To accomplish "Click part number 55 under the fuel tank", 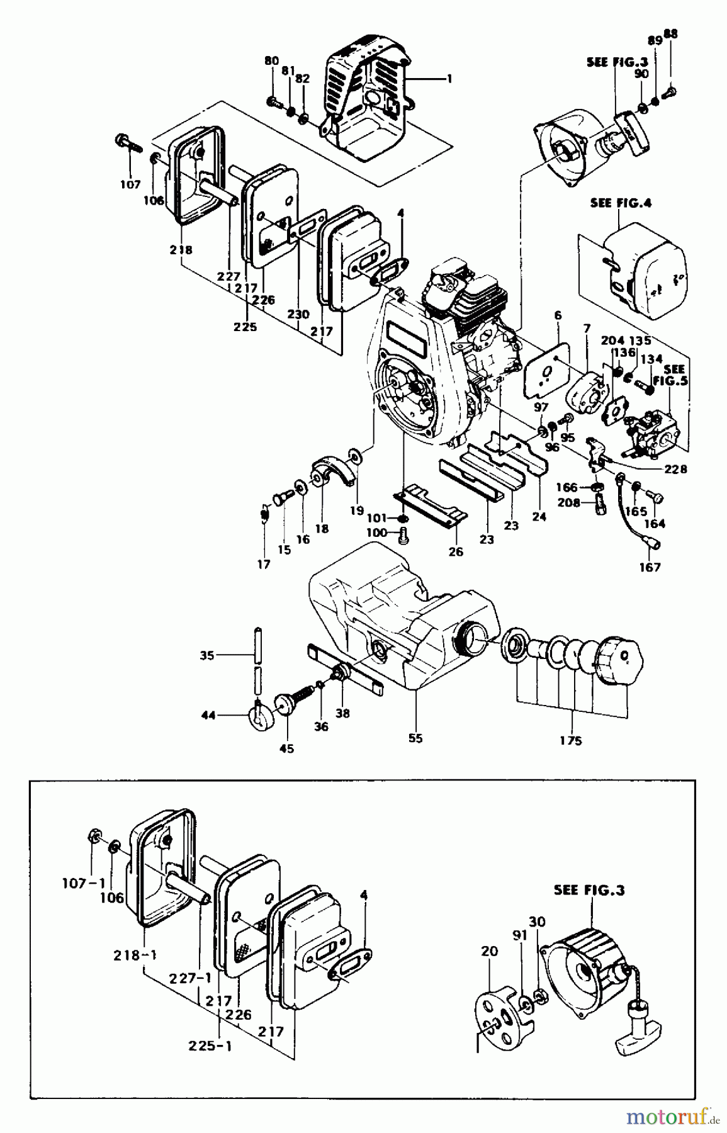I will [415, 738].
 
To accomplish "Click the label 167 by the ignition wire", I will [650, 567].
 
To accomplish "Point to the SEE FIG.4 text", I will [621, 203].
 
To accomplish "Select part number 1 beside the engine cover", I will [449, 79].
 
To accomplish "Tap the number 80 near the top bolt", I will [271, 61].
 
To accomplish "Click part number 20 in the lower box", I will [488, 952].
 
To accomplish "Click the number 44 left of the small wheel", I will [209, 715].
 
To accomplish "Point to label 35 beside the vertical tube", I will [207, 655].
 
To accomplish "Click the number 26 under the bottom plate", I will [456, 552].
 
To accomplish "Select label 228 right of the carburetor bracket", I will [675, 469].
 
